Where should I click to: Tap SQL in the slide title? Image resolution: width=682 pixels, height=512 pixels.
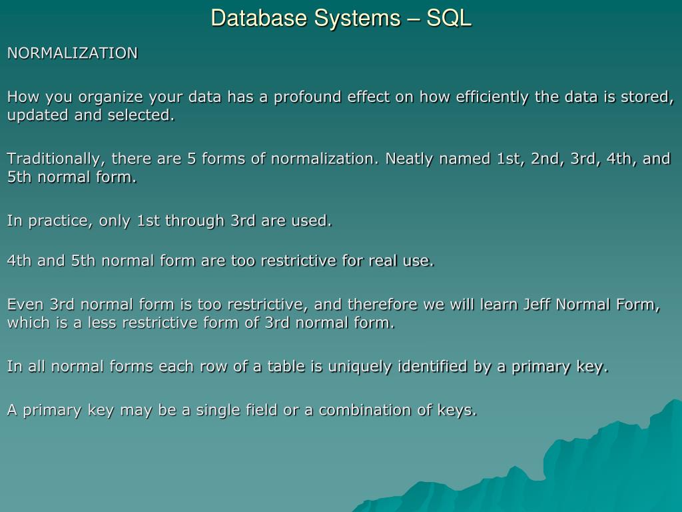point(448,18)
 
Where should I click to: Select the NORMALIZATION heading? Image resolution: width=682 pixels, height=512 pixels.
point(72,53)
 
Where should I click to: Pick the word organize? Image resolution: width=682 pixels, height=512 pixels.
point(111,97)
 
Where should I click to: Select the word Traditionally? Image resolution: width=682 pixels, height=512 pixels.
point(56,159)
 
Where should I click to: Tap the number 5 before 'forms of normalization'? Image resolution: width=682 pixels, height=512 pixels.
point(191,159)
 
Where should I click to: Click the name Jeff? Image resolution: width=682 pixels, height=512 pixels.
point(537,304)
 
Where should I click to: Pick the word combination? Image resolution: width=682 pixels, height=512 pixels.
point(365,410)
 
